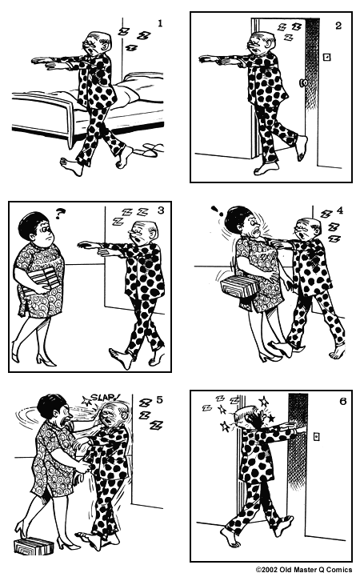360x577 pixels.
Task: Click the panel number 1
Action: click(160, 23)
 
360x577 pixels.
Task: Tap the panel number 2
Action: click(338, 26)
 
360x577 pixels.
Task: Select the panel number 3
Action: click(161, 211)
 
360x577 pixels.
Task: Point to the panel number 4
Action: click(339, 210)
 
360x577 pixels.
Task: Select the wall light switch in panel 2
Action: click(326, 58)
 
